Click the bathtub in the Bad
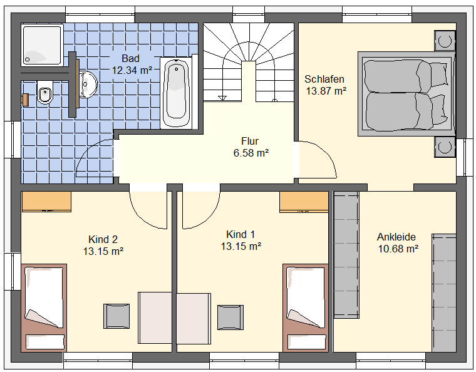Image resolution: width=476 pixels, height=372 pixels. (176, 93)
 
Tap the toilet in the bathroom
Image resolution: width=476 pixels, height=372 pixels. (44, 92)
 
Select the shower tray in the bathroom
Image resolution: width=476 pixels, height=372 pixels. (42, 45)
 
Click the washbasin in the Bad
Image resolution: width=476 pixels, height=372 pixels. (88, 85)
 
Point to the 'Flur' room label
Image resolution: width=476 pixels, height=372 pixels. (250, 141)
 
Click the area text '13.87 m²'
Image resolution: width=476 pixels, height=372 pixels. (326, 91)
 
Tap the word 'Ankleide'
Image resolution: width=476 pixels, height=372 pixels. (396, 237)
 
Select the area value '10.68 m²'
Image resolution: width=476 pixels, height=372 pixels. (398, 249)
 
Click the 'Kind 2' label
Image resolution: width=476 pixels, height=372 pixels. (103, 239)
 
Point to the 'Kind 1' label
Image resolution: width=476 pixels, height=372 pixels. (241, 234)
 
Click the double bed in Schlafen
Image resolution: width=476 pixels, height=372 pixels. (406, 94)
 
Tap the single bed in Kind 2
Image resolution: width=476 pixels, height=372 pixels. (44, 307)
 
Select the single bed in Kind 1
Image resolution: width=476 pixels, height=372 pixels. (306, 307)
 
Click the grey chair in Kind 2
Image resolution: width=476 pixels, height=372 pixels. (116, 316)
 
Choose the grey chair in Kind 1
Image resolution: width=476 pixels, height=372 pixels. (230, 317)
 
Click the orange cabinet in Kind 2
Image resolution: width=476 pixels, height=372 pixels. (46, 201)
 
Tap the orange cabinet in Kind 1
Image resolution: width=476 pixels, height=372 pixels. (304, 201)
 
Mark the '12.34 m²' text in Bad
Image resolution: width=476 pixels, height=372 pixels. (132, 70)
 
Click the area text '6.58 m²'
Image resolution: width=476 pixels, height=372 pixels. (251, 153)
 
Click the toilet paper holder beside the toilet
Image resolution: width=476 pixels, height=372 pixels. (26, 100)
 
